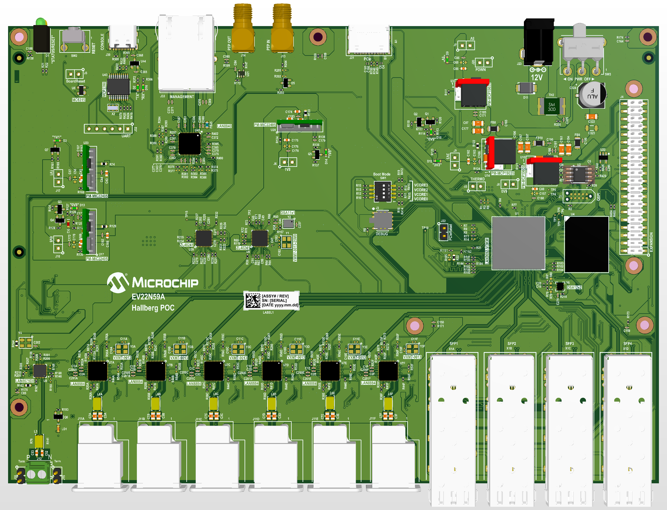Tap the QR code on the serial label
point(253,300)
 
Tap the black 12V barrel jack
point(539,41)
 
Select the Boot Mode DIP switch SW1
point(383,191)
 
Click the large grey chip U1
point(518,243)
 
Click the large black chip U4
point(586,244)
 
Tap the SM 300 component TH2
point(551,106)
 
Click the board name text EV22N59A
point(148,297)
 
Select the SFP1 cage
point(453,425)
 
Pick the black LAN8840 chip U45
point(190,144)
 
